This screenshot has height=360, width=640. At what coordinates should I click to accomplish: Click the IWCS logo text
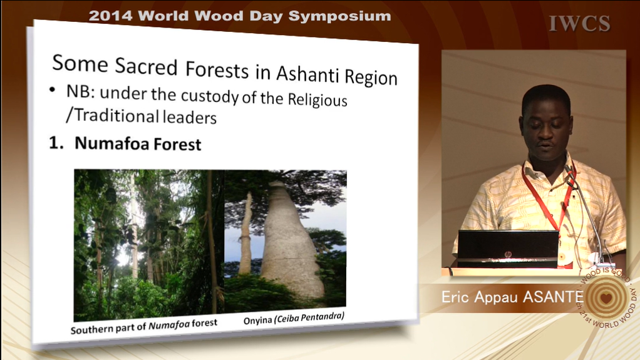click(x=580, y=23)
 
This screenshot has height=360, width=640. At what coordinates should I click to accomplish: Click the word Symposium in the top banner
click(x=339, y=16)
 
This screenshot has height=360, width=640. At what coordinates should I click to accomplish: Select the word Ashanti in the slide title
click(x=308, y=74)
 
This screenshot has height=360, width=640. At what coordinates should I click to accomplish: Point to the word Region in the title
click(x=371, y=77)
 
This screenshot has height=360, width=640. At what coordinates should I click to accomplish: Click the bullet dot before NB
click(x=52, y=89)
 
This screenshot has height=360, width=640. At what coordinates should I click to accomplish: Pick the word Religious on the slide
click(x=317, y=99)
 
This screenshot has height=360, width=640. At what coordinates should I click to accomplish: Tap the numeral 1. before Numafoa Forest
click(x=56, y=143)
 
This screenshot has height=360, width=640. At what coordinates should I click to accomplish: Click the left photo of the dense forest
click(x=149, y=245)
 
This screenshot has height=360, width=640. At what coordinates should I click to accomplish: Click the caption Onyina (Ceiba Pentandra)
click(x=294, y=317)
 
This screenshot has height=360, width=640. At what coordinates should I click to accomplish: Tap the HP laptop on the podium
click(x=508, y=249)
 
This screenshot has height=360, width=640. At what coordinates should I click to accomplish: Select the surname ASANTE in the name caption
click(x=553, y=297)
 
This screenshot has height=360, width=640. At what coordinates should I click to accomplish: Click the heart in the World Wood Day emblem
click(x=606, y=297)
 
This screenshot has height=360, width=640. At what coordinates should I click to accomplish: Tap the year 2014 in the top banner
click(x=110, y=16)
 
